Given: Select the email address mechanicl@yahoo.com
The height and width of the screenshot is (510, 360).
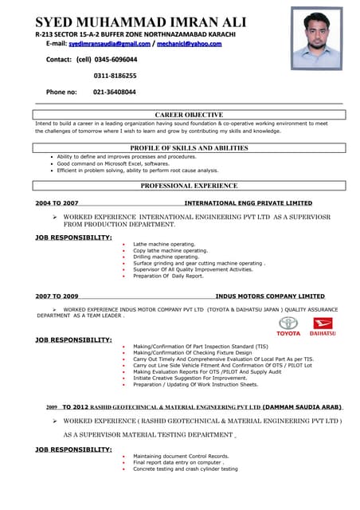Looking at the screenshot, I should click(189, 44).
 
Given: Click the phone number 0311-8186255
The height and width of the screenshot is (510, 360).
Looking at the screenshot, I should click(115, 76).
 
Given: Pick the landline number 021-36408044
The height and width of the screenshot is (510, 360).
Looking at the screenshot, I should click(115, 92).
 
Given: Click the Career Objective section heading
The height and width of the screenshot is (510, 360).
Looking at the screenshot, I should click(189, 115).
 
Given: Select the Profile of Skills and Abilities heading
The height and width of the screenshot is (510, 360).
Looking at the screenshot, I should click(189, 148).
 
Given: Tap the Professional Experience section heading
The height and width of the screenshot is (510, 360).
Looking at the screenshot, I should click(189, 186).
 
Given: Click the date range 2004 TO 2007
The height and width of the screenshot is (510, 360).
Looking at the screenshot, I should click(57, 203).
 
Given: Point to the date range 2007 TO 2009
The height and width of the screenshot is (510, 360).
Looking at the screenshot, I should click(57, 296).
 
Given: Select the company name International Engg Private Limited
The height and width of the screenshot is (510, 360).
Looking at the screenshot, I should click(248, 203).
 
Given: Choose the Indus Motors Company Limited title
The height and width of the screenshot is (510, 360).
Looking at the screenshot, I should click(270, 296).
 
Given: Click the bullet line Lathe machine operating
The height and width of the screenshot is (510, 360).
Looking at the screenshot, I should click(164, 244).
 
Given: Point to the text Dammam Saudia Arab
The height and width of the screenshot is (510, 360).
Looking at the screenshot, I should click(302, 406).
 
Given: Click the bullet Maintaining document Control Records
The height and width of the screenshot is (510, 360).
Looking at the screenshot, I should click(181, 456).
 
